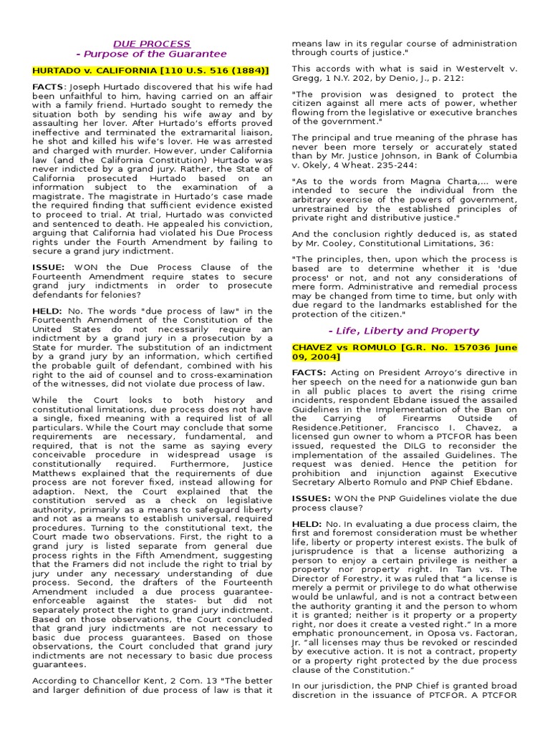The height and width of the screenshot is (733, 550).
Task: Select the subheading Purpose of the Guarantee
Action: [151, 54]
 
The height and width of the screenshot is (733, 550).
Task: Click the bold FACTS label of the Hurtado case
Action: [47, 86]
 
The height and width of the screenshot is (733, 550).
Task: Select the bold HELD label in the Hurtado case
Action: [47, 310]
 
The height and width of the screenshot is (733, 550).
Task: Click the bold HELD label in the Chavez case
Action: [306, 525]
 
